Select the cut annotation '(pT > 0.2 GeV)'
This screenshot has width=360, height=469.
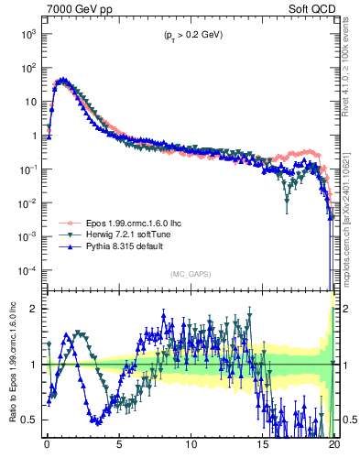click(x=189, y=35)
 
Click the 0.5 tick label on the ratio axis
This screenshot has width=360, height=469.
click(x=30, y=420)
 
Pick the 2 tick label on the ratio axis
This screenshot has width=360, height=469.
click(x=34, y=308)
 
